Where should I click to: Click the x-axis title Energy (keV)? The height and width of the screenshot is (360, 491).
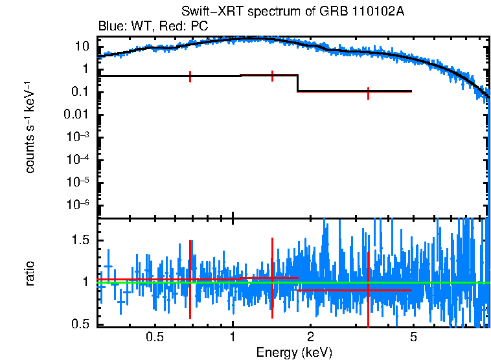click(x=294, y=352)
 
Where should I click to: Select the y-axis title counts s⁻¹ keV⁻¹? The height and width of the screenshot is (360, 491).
click(x=30, y=127)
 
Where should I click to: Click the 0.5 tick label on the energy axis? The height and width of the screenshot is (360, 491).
click(x=154, y=337)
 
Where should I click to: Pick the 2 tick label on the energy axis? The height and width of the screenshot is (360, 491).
click(x=310, y=337)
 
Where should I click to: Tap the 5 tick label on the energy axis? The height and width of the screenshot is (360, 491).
click(x=413, y=337)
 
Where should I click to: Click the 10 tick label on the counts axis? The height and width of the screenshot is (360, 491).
click(x=82, y=47)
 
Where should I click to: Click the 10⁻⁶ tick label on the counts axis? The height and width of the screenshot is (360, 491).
click(x=78, y=205)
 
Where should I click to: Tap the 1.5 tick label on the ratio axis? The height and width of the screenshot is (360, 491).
click(x=80, y=240)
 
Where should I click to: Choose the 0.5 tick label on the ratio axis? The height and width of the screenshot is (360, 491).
click(x=80, y=324)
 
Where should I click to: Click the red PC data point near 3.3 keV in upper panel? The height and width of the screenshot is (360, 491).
click(x=368, y=92)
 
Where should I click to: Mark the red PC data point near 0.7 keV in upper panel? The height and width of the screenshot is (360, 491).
click(x=190, y=76)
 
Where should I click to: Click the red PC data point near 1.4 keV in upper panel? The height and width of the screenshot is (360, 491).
click(x=272, y=75)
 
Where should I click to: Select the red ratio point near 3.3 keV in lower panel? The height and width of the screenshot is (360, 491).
click(x=368, y=290)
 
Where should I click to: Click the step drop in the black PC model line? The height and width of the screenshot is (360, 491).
click(x=297, y=84)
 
